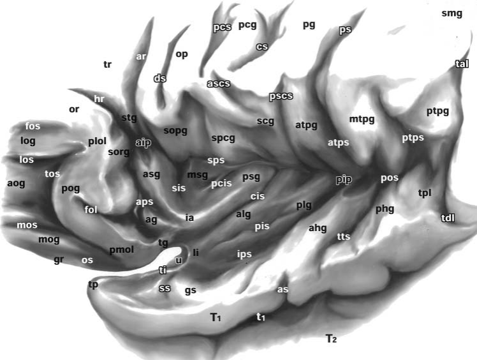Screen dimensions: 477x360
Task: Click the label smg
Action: pyautogui.click(x=451, y=13)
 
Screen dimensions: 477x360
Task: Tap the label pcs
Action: pyautogui.click(x=222, y=27)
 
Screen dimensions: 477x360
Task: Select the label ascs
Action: pyautogui.click(x=219, y=84)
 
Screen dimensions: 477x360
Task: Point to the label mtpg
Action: pyautogui.click(x=362, y=119)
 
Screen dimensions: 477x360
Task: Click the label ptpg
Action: pyautogui.click(x=437, y=112)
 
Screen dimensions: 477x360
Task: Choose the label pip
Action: pyautogui.click(x=344, y=180)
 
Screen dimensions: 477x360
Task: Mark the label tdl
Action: pyautogui.click(x=448, y=218)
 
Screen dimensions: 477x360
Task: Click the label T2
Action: pyautogui.click(x=331, y=338)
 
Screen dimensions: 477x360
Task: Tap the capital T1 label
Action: pyautogui.click(x=216, y=317)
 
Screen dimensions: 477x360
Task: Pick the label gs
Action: pyautogui.click(x=191, y=291)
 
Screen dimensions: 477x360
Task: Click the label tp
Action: pyautogui.click(x=93, y=285)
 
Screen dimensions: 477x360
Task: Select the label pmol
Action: pyautogui.click(x=122, y=250)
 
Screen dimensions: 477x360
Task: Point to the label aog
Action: pyautogui.click(x=16, y=183)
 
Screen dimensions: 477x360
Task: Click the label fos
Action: pyautogui.click(x=33, y=126)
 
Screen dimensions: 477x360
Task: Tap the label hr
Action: pyautogui.click(x=99, y=99)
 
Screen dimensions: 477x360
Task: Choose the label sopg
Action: pyautogui.click(x=175, y=131)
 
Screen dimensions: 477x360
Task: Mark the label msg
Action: pyautogui.click(x=198, y=175)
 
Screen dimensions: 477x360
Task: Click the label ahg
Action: pyautogui.click(x=318, y=228)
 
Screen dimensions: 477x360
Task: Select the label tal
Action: pyautogui.click(x=462, y=64)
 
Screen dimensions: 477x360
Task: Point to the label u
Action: pyautogui.click(x=179, y=260)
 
